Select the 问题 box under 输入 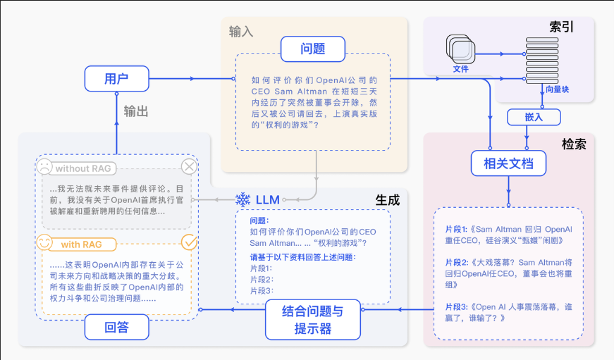312,49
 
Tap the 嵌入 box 534,117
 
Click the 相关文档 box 508,165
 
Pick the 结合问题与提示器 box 313,319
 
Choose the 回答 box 116,327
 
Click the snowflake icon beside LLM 242,199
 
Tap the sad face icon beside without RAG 44,168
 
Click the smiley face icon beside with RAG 44,243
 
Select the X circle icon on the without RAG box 190,167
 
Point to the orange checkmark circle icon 190,243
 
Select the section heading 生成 387,200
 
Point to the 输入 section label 241,32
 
